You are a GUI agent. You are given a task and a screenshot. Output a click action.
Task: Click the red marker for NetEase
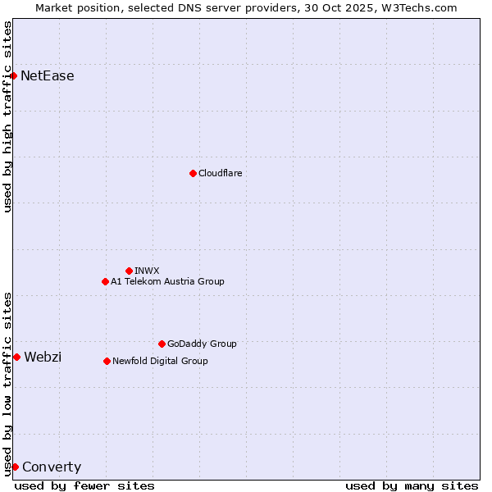14,76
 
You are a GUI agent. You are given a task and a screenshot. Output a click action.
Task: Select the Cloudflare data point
193,173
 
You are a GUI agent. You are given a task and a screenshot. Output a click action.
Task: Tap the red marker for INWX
129,271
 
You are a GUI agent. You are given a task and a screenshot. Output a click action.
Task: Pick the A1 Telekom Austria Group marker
105,281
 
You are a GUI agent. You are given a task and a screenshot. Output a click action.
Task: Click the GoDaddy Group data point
162,344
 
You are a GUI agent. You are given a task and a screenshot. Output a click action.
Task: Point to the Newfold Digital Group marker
107,361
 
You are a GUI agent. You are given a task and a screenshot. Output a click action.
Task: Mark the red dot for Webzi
16,357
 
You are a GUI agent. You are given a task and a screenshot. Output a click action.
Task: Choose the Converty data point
15,467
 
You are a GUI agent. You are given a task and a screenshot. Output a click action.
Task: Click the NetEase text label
48,76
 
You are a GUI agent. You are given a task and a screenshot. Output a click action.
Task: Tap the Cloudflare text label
220,173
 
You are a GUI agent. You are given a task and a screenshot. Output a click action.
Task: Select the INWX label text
147,271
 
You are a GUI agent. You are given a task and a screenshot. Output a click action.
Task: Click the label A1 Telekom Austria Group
167,281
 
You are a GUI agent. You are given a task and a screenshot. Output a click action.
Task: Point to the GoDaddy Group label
202,344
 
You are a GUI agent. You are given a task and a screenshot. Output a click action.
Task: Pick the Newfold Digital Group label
160,361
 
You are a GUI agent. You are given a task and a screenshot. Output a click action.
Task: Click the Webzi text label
43,357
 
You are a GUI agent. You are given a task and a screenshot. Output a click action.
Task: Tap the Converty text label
52,467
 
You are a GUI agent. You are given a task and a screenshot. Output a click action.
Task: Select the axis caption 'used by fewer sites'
84,486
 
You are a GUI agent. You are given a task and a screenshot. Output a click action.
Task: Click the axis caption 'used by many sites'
412,486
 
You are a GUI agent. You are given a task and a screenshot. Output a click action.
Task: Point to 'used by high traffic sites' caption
7,116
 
